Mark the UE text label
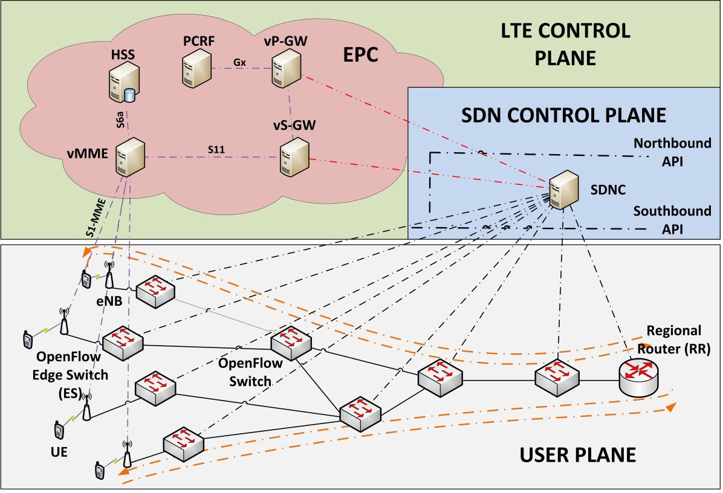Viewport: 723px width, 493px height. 59,451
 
